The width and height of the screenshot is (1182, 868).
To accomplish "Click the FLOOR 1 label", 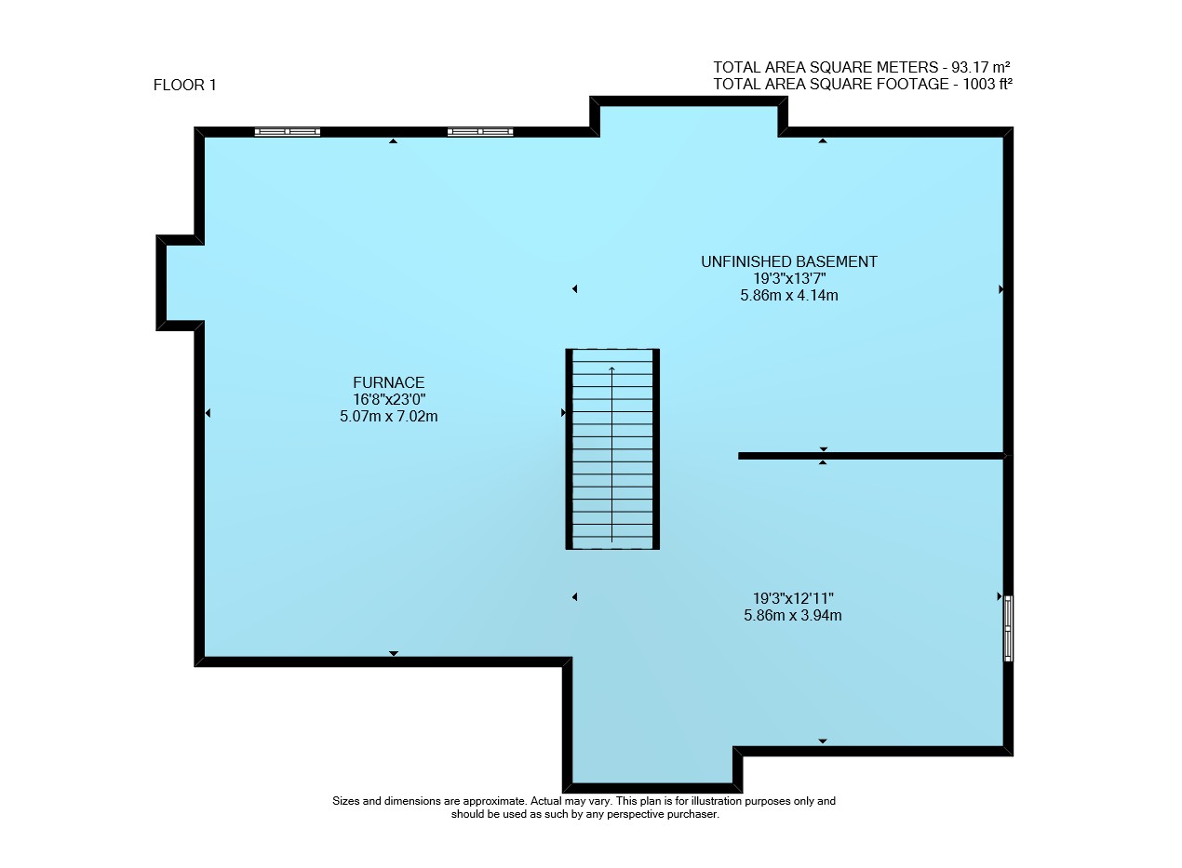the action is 184,85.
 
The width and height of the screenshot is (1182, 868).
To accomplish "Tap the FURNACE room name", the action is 388,382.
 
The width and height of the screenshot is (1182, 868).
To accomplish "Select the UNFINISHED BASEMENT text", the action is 789,261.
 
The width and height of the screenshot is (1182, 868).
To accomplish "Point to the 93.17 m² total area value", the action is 980,67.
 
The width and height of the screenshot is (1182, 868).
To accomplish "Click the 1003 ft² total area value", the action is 987,84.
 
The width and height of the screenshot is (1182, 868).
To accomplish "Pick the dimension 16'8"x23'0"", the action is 389,399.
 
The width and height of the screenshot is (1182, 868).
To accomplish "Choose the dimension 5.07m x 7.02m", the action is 388,416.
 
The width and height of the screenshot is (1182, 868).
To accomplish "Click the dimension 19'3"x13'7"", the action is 789,278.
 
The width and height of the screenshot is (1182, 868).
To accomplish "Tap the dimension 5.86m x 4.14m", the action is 789,295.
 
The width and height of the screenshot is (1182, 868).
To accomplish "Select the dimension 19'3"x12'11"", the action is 793,598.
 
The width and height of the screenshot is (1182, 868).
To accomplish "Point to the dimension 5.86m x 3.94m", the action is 793,615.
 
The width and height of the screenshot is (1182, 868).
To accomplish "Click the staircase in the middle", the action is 612,448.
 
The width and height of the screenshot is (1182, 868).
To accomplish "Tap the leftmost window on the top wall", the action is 287,132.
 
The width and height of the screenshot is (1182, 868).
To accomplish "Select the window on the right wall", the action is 1008,628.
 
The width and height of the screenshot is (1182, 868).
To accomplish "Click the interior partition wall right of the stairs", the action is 870,456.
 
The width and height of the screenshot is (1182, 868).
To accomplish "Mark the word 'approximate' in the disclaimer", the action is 494,801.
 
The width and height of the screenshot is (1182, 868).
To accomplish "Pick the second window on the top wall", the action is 480,132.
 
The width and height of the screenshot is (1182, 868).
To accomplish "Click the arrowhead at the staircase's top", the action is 612,368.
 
